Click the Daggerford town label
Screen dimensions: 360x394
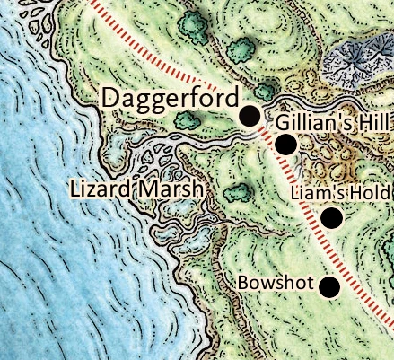(x=171, y=99)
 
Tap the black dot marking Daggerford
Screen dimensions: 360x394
(x=250, y=115)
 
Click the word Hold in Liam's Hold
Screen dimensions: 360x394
(x=369, y=193)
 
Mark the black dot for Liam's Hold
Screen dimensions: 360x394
(x=332, y=217)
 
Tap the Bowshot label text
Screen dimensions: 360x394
(x=276, y=284)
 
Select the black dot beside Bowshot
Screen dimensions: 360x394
(x=330, y=286)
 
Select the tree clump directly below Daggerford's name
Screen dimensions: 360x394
(x=186, y=119)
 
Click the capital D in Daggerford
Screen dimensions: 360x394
(x=113, y=98)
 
